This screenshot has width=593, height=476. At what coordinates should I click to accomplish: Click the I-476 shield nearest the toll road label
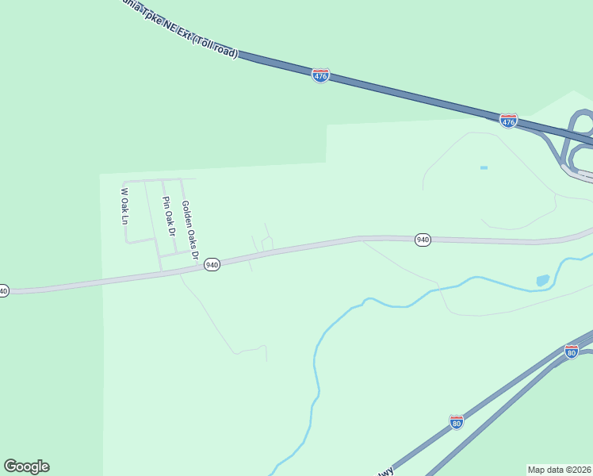pyautogui.click(x=320, y=76)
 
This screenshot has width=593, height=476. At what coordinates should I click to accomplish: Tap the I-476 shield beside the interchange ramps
pyautogui.click(x=508, y=121)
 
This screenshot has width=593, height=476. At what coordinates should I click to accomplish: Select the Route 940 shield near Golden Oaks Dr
pyautogui.click(x=212, y=264)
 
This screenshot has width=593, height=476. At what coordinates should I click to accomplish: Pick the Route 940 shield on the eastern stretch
pyautogui.click(x=423, y=240)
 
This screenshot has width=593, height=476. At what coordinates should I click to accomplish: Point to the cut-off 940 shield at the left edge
pyautogui.click(x=3, y=291)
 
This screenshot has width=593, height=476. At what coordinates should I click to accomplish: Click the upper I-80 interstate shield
pyautogui.click(x=572, y=351)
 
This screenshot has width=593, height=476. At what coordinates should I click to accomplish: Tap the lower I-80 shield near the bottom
pyautogui.click(x=457, y=422)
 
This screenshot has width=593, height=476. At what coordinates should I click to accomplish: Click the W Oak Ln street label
pyautogui.click(x=124, y=205)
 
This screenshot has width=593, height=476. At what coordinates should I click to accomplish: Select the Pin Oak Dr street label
pyautogui.click(x=167, y=216)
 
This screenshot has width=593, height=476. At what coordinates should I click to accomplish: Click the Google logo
pyautogui.click(x=26, y=466)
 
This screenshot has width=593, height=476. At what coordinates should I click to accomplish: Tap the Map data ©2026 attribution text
pyautogui.click(x=559, y=470)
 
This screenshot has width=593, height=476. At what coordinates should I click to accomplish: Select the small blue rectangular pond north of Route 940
pyautogui.click(x=484, y=168)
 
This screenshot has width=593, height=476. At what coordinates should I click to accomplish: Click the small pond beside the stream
pyautogui.click(x=542, y=280)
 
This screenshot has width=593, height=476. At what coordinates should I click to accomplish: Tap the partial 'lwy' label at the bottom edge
pyautogui.click(x=384, y=471)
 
